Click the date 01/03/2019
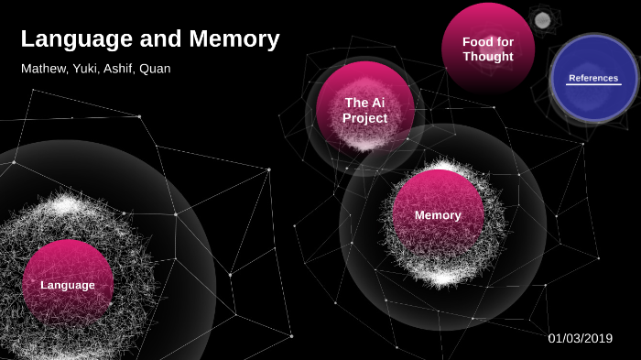(580, 338)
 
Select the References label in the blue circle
(593, 78)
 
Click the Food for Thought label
(488, 49)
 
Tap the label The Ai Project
(365, 110)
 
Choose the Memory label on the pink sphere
(438, 215)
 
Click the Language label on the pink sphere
(68, 285)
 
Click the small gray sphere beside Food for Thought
(542, 20)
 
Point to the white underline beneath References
(593, 85)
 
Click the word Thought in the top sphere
(488, 57)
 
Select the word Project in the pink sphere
(365, 118)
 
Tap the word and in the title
(158, 39)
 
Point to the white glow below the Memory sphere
(442, 277)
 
